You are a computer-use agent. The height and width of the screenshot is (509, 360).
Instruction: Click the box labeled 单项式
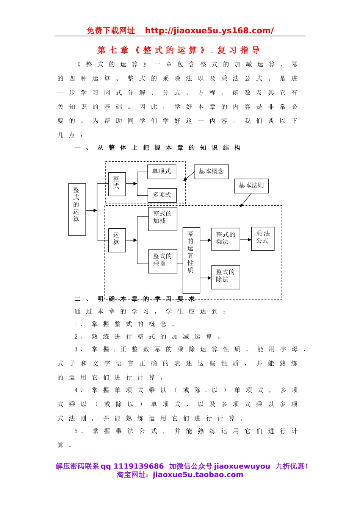click(161, 172)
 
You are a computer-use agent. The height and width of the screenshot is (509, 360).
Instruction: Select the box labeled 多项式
click(162, 195)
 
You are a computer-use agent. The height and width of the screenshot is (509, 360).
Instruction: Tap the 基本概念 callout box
click(211, 172)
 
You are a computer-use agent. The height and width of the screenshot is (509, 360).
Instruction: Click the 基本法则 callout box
click(251, 186)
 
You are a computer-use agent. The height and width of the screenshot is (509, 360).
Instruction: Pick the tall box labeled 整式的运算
click(77, 209)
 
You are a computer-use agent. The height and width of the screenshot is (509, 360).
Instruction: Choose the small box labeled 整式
click(117, 184)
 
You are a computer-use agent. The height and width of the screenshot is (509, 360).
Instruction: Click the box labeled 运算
click(117, 240)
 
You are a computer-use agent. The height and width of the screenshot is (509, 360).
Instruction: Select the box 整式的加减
click(163, 219)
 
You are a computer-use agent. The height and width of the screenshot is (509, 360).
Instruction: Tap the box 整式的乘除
click(163, 261)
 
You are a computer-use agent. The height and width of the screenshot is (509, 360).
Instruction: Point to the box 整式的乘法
click(225, 239)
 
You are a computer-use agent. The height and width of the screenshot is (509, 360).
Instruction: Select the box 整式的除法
click(225, 277)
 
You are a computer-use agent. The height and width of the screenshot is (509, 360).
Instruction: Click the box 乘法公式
click(263, 239)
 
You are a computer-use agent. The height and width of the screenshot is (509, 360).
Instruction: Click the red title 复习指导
click(238, 50)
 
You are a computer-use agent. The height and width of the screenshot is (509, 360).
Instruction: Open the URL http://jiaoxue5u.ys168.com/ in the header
click(209, 31)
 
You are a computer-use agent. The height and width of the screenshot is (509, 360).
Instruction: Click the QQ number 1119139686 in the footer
click(138, 466)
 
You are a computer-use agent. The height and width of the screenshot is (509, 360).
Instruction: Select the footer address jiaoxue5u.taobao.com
click(198, 475)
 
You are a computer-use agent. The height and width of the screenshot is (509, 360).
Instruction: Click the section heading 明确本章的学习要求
click(146, 299)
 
